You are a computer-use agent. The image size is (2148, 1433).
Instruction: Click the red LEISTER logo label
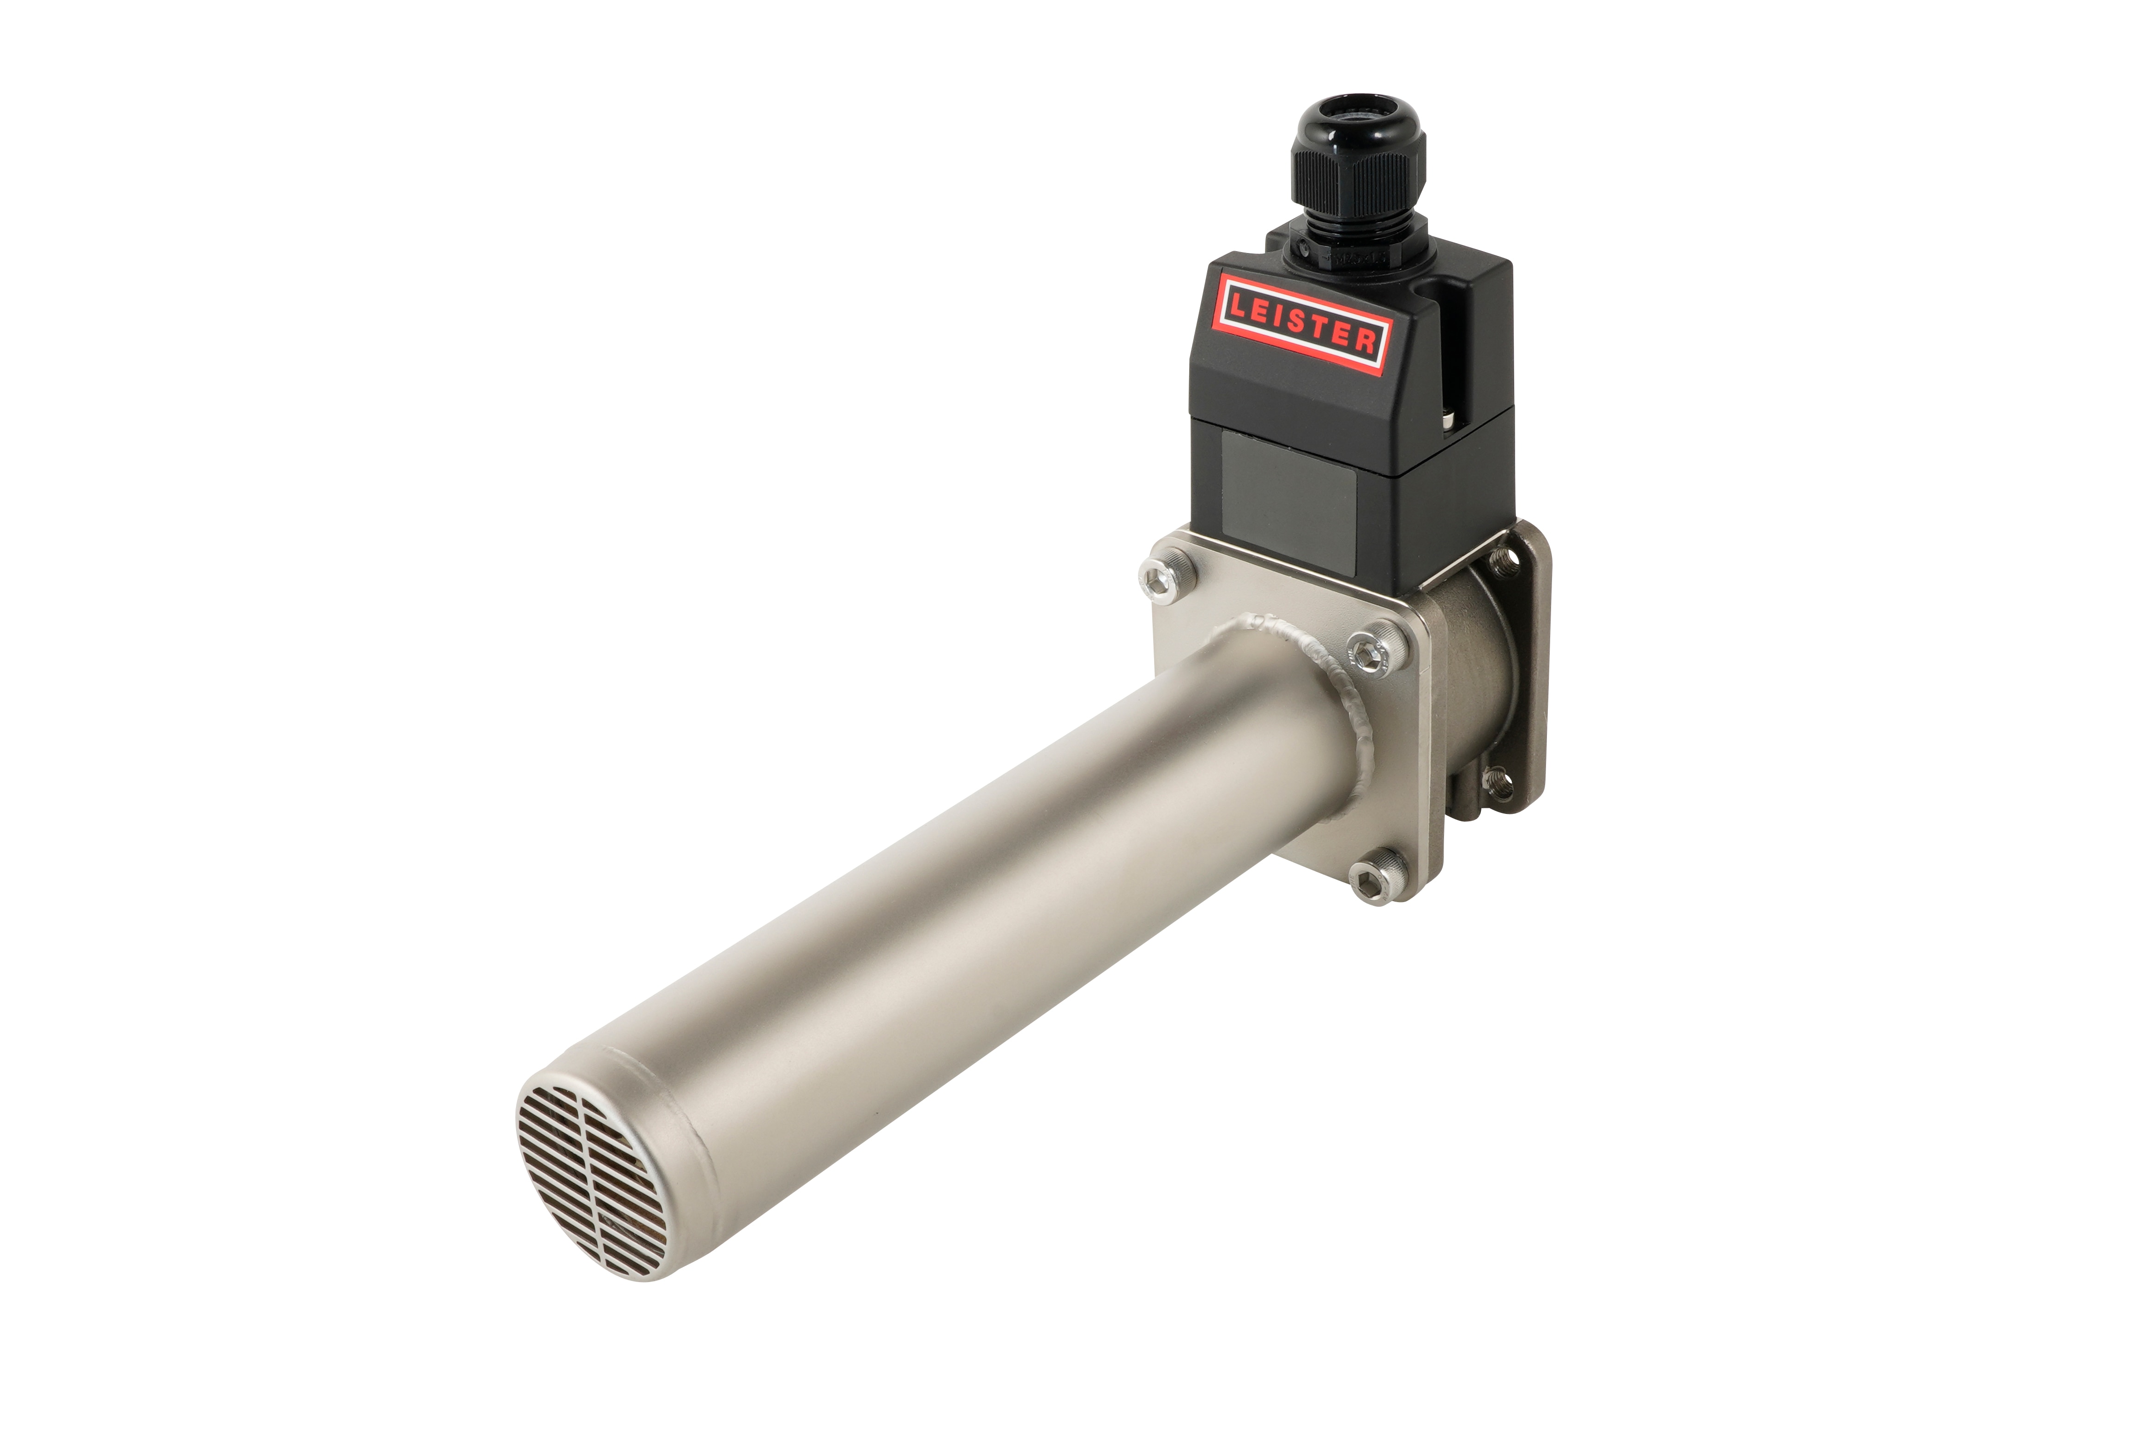1301,322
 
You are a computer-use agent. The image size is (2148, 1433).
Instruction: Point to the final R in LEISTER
1366,342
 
